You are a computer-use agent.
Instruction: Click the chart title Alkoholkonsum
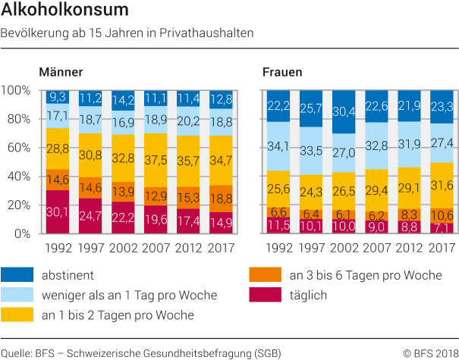64,11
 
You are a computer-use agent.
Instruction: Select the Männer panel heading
61,73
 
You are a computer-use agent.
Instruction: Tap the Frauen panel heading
282,73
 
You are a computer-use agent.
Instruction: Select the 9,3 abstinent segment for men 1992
57,97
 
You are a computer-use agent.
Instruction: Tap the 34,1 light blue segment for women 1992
279,146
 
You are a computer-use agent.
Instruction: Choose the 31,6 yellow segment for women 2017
442,186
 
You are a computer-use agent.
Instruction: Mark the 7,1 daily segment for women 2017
442,228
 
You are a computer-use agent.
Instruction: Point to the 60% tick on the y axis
16,147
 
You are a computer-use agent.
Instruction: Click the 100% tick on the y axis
14,90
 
